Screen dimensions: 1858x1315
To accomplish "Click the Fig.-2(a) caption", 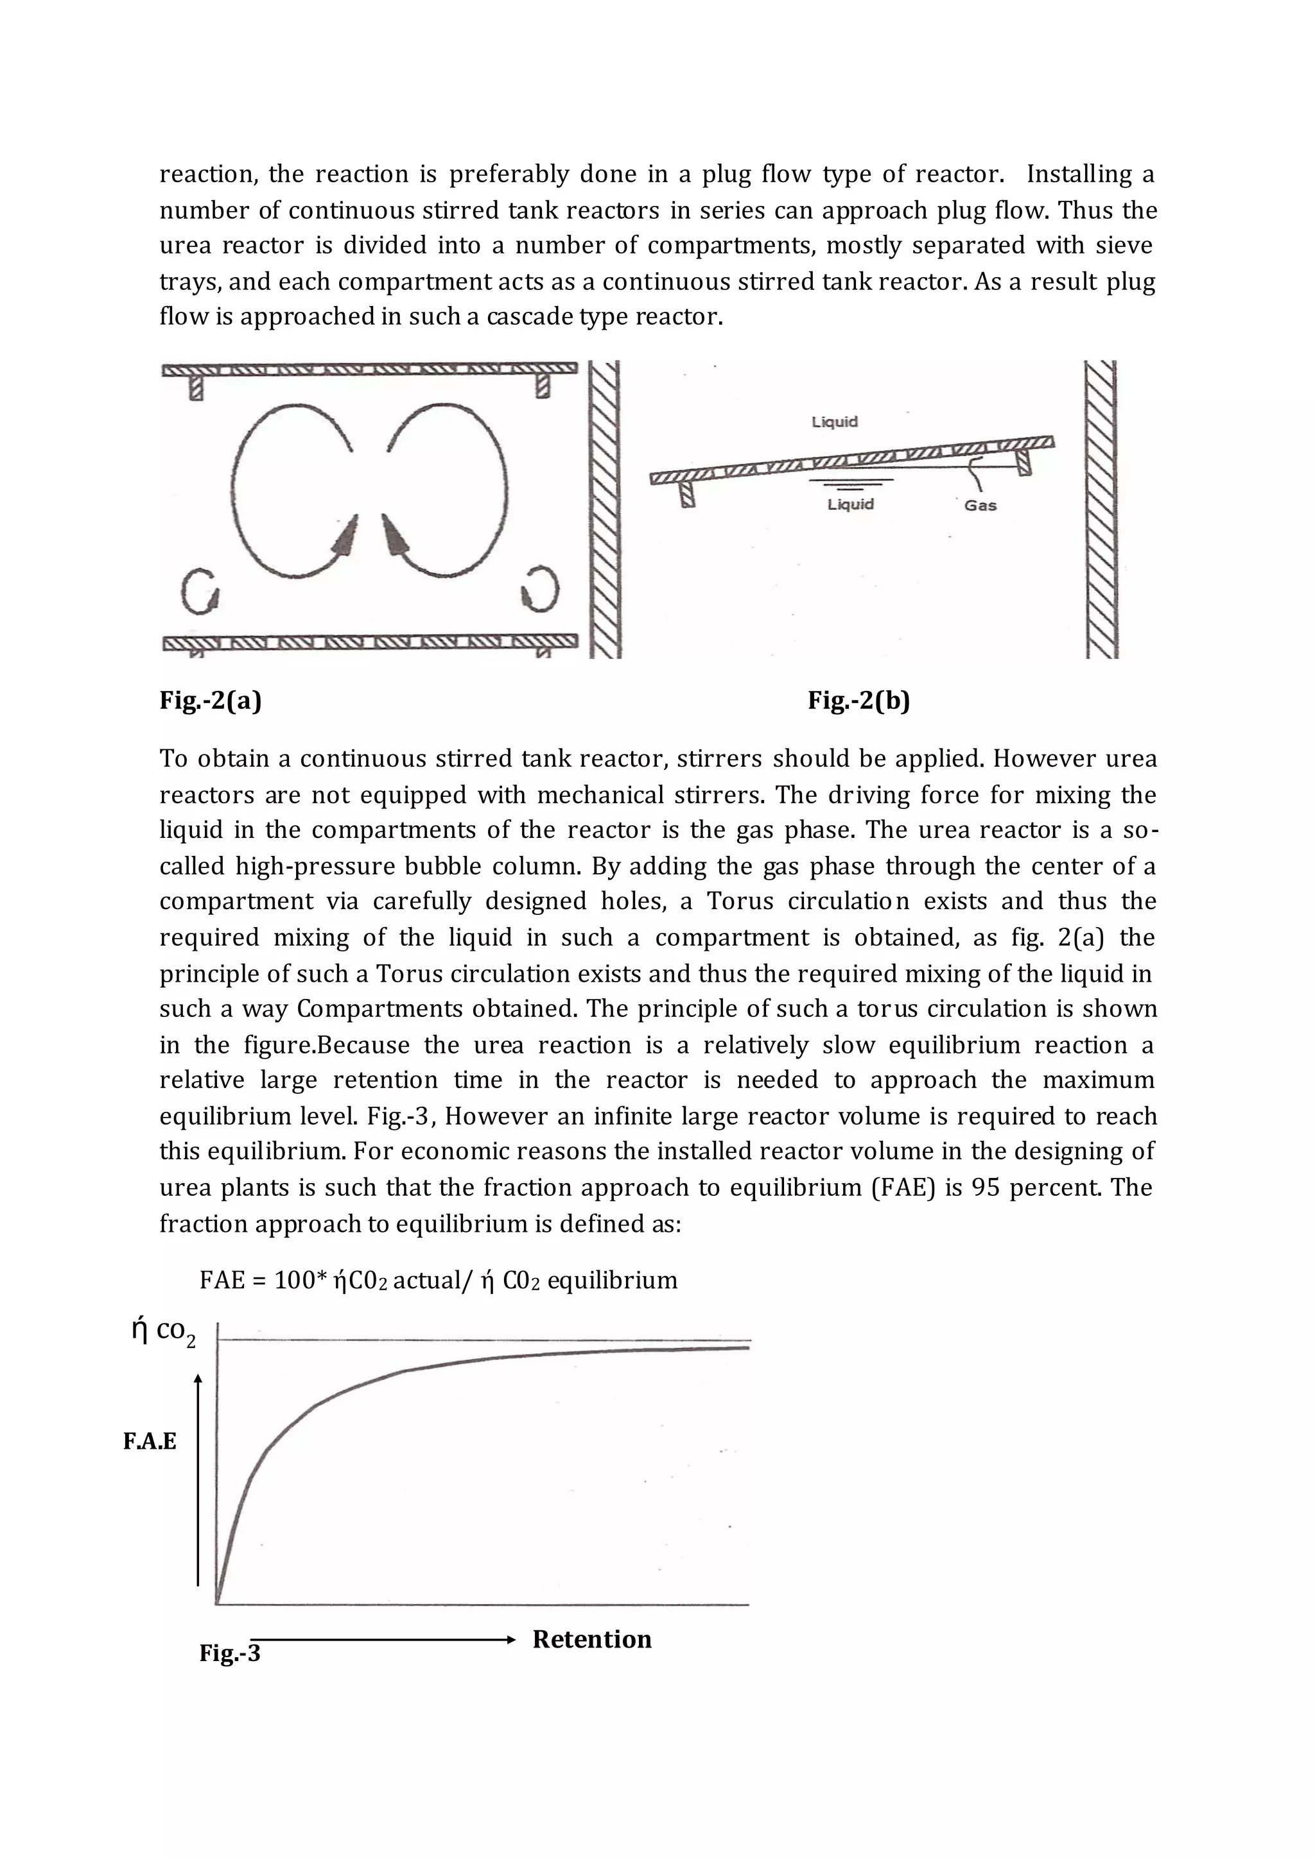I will [x=211, y=700].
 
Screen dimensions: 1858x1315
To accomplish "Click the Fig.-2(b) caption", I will [x=858, y=700].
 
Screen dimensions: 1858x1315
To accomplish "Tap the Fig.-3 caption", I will [x=230, y=1653].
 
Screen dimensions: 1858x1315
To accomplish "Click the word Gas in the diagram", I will [x=980, y=505].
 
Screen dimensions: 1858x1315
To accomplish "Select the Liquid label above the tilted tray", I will [x=834, y=422].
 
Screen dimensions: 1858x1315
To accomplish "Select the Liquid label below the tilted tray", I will [x=850, y=504].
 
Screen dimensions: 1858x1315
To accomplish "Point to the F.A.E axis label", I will [x=150, y=1441].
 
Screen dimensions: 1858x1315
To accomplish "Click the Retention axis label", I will [x=592, y=1639].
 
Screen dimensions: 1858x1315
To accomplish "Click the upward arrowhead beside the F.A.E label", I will [x=198, y=1377].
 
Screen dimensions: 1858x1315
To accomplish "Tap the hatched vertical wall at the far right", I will [x=1101, y=510].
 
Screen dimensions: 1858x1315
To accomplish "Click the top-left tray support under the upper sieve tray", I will [x=195, y=387].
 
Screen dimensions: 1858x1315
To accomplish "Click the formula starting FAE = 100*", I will [x=438, y=1280].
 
